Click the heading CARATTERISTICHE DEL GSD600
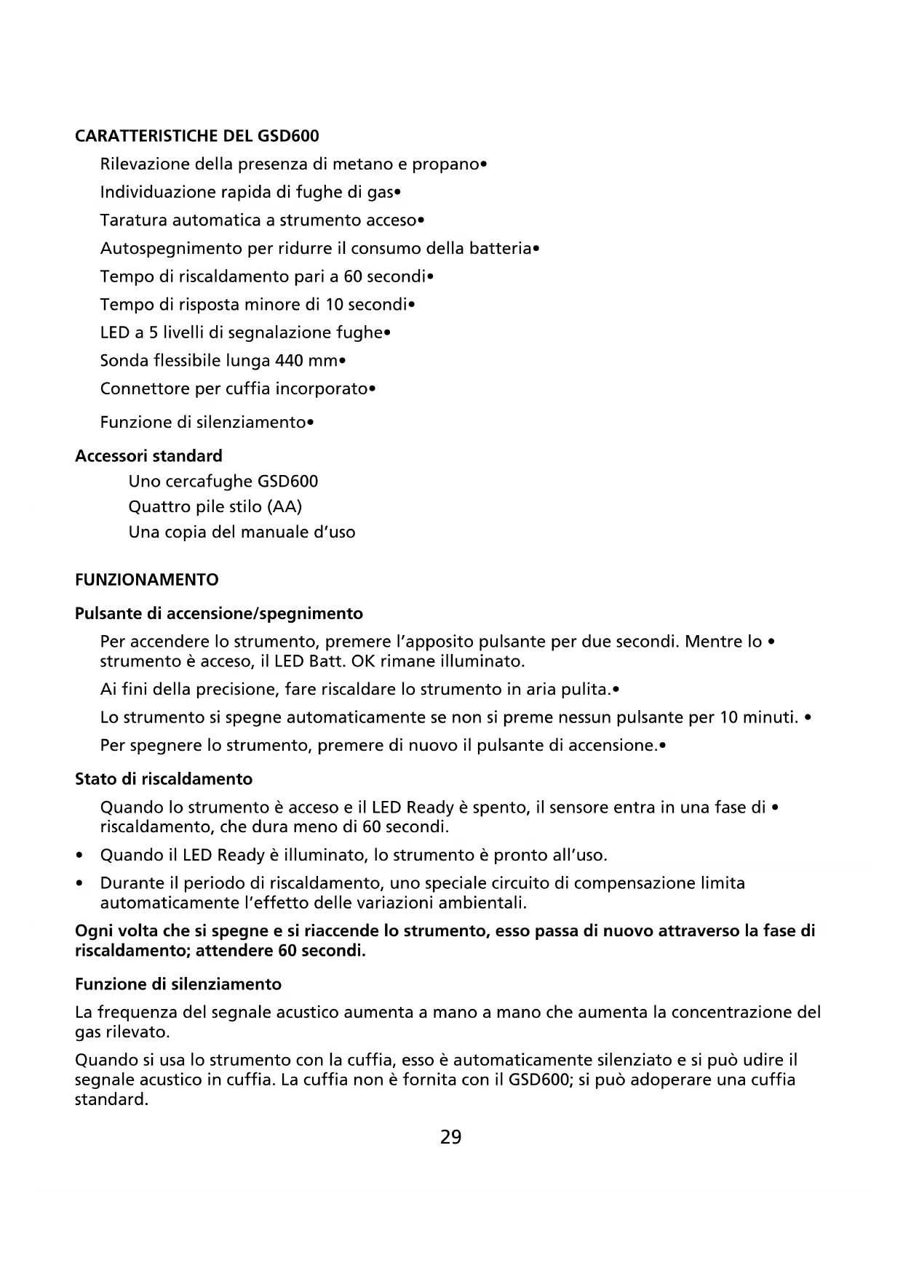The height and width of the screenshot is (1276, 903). (x=196, y=136)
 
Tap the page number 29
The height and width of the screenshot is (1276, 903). (x=450, y=1137)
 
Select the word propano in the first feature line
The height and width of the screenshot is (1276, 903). (x=446, y=164)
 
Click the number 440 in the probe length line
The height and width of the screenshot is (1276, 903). (x=289, y=361)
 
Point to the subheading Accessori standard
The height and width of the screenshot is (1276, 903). (x=148, y=456)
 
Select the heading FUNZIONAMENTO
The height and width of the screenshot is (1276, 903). (x=146, y=580)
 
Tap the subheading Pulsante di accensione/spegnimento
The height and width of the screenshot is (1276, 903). (x=218, y=613)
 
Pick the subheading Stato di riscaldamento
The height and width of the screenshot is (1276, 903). (x=164, y=779)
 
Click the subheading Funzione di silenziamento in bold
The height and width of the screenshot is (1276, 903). (x=178, y=984)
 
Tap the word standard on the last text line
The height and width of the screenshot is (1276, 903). (x=111, y=1099)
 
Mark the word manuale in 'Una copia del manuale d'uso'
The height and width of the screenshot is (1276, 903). (x=270, y=532)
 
